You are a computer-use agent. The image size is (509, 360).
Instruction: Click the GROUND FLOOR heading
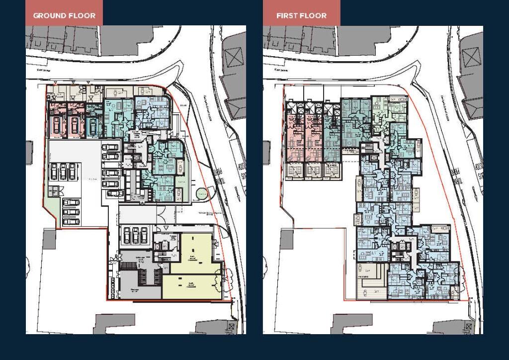tap(64, 15)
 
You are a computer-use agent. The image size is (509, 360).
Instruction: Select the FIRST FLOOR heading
tap(301, 15)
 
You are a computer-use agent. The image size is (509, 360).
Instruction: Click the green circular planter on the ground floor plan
tap(202, 192)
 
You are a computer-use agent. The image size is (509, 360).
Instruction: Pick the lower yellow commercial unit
tap(191, 287)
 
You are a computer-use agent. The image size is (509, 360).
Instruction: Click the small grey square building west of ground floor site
tap(49, 240)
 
